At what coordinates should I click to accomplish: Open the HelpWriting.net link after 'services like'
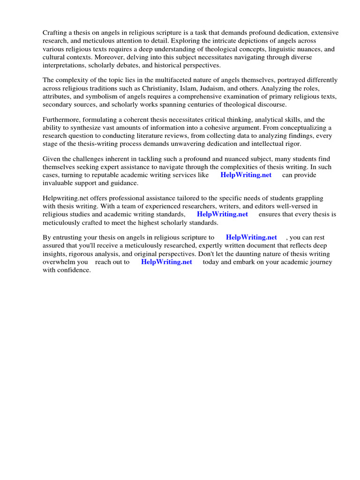(x=246, y=175)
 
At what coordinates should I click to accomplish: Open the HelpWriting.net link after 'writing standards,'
(x=222, y=214)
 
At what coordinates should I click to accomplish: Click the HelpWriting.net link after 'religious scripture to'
(x=251, y=237)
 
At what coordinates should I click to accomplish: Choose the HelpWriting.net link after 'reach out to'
(x=166, y=262)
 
